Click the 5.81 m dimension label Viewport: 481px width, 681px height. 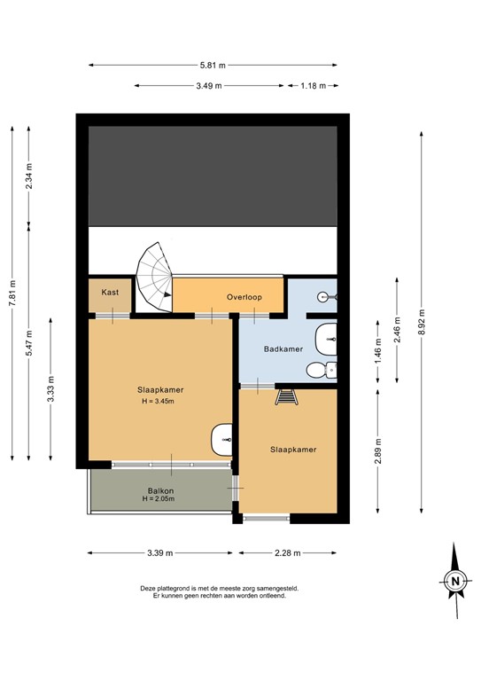pyautogui.click(x=213, y=65)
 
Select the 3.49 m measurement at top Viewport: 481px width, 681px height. pyautogui.click(x=208, y=85)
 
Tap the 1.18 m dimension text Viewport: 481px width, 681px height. pyautogui.click(x=313, y=85)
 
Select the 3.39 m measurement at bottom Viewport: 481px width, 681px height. pyautogui.click(x=161, y=552)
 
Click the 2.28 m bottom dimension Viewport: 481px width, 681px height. pyautogui.click(x=287, y=552)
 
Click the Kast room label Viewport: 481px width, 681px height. pyautogui.click(x=110, y=292)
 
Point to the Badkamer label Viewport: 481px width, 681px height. pyautogui.click(x=283, y=348)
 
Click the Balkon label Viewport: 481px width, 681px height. pyautogui.click(x=160, y=490)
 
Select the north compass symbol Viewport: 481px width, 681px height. pyautogui.click(x=454, y=582)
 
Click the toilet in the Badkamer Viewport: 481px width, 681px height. pyautogui.click(x=330, y=370)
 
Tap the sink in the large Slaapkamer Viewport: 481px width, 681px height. pyautogui.click(x=221, y=437)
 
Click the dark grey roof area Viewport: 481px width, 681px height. pyautogui.click(x=213, y=176)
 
